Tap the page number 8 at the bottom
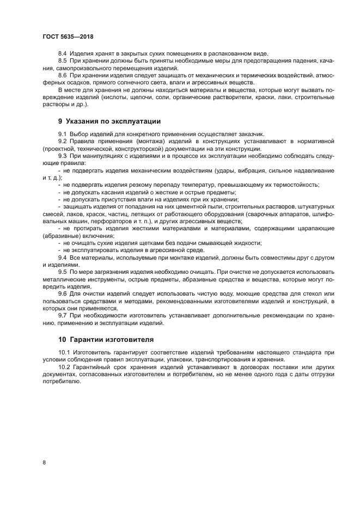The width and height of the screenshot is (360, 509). pos(44,462)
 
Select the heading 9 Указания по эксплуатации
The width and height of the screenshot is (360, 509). pos(109,121)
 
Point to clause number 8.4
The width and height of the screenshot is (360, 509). pos(62,54)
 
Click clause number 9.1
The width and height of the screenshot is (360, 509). pos(62,134)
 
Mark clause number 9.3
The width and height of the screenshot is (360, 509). pos(62,155)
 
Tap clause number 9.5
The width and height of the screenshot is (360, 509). pos(62,271)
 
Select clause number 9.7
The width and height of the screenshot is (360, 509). pos(62,315)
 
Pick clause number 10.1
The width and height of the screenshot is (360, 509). pos(63,353)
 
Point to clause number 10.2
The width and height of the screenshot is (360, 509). pos(63,367)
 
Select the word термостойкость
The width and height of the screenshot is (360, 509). pos(297,185)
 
